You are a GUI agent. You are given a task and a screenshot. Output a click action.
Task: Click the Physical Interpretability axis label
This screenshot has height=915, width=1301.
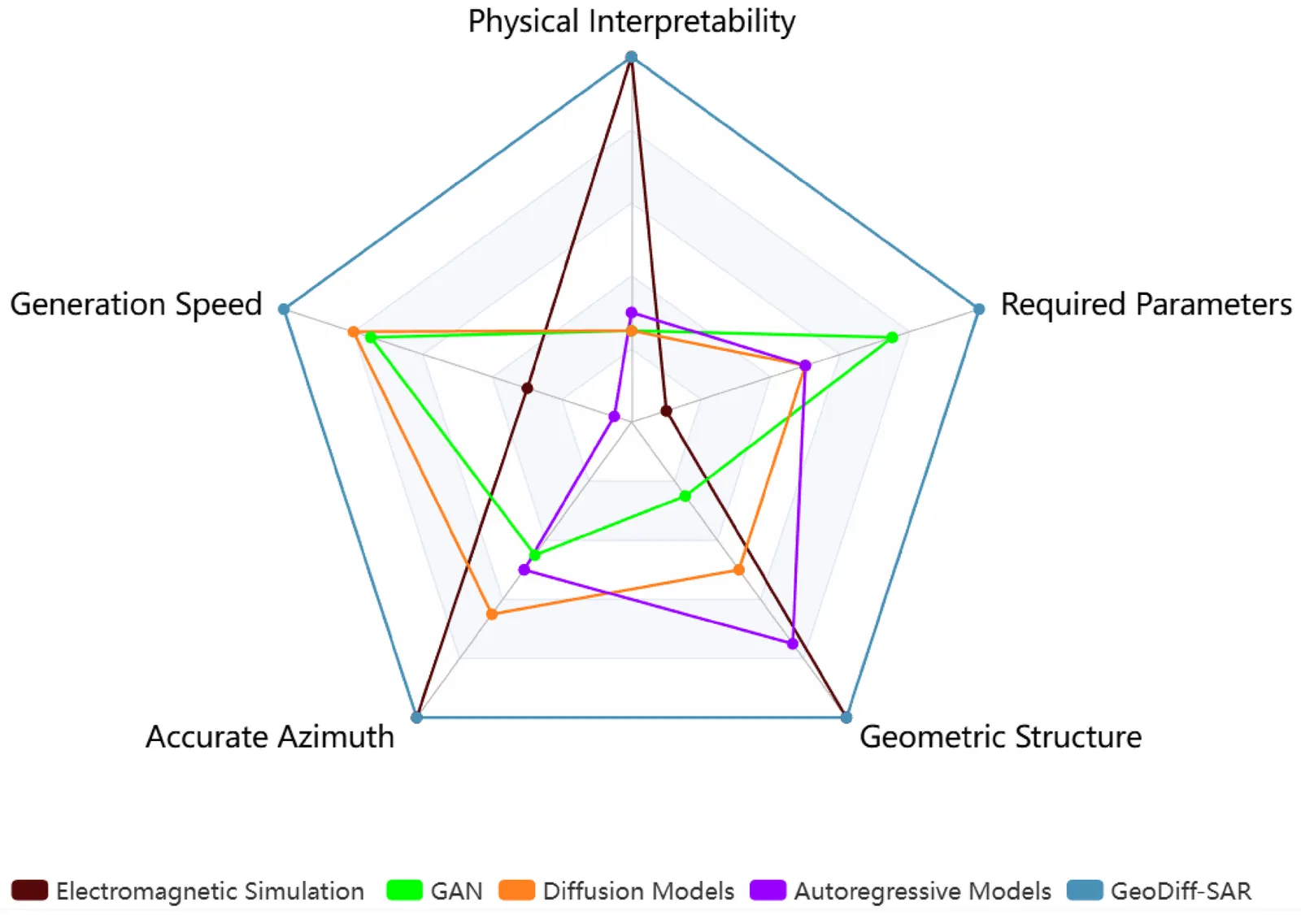click(x=631, y=22)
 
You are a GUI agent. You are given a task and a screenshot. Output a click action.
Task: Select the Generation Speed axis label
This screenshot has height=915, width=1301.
click(x=136, y=305)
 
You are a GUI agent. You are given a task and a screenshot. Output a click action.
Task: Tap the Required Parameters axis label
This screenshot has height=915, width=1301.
click(x=1145, y=305)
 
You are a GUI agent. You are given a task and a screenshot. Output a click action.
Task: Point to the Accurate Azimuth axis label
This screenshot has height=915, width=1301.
click(x=269, y=737)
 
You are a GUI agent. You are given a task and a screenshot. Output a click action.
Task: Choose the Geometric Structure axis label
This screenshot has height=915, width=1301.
click(x=1000, y=737)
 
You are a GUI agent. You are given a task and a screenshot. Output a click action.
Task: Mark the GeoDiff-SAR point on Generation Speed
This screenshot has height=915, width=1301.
click(x=284, y=309)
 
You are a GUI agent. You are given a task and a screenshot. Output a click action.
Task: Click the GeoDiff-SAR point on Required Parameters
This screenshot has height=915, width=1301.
click(x=979, y=309)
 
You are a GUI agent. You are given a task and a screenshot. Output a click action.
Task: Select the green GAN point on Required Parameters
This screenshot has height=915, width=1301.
click(x=892, y=337)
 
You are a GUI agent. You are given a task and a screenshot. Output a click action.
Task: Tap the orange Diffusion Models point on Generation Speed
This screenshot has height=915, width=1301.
click(x=354, y=332)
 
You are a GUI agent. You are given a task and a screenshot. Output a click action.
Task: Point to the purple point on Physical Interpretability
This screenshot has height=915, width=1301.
click(x=631, y=313)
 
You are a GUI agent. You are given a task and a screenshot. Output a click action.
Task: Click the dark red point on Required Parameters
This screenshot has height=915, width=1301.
click(x=667, y=411)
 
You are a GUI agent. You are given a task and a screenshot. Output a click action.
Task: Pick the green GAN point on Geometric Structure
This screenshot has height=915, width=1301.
click(x=685, y=496)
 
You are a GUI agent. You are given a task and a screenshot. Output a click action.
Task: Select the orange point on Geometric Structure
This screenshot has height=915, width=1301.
click(x=738, y=570)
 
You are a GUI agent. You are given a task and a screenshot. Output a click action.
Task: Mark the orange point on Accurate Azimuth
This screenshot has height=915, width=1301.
click(x=492, y=614)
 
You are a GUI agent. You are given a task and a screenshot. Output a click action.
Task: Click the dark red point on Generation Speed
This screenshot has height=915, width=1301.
click(x=527, y=388)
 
